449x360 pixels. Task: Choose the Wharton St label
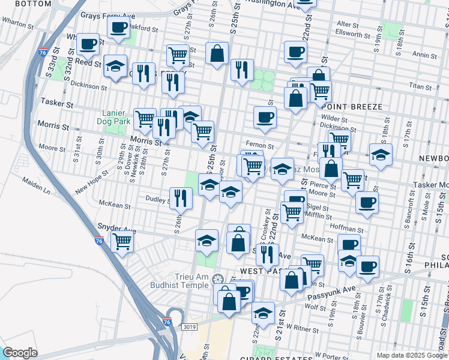pos(17,24)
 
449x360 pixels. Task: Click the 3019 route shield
pos(189,326)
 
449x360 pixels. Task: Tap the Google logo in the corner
pos(20,353)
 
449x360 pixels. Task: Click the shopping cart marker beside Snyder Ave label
pos(122,242)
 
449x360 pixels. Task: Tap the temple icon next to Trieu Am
pos(218,278)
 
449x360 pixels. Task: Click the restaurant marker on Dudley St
pos(181,197)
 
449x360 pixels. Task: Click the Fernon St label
pos(262,146)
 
